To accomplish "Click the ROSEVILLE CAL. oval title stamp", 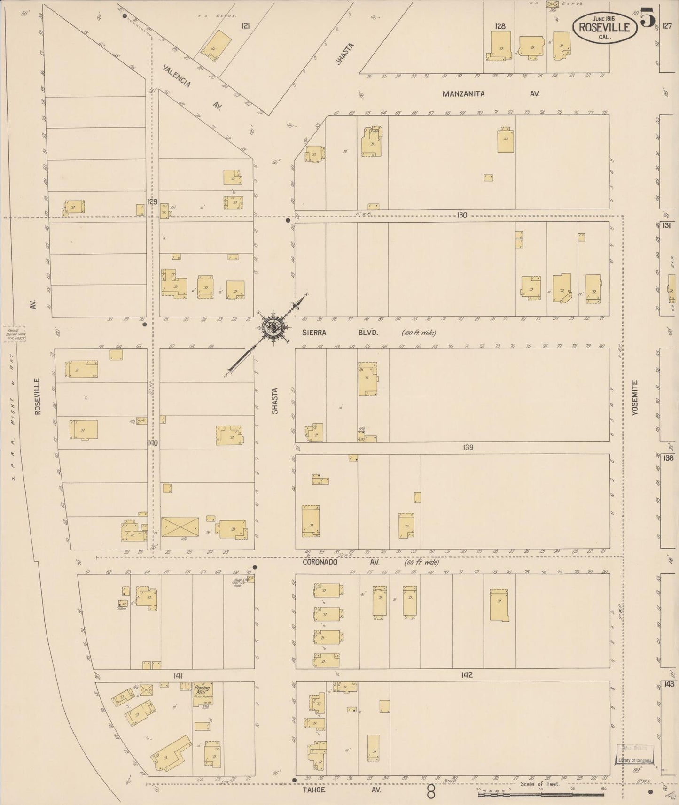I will coord(604,27).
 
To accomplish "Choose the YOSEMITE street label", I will coord(635,397).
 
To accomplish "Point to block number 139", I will coord(468,448).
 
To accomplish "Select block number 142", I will coord(467,675).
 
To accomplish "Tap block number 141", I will coord(178,675).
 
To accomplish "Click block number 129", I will coord(152,201).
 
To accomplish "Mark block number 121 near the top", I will coord(245,26).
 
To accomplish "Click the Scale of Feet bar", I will coord(540,795).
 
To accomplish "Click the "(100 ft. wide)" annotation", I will coord(419,333).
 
